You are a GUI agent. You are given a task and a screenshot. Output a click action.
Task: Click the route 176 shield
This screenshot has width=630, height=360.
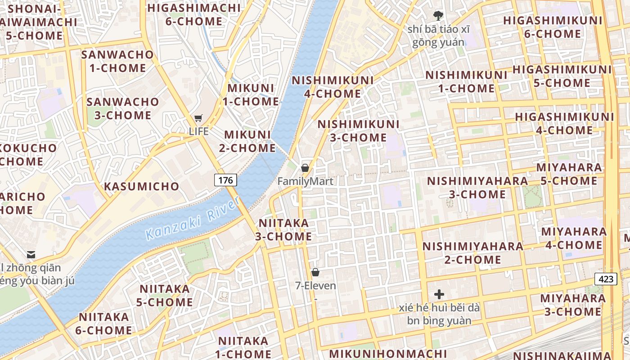tap(225, 180)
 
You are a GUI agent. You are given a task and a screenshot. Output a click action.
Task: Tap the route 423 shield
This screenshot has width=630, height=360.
tap(606, 279)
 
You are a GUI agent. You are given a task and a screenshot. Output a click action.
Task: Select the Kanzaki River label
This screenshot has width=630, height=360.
tap(193, 219)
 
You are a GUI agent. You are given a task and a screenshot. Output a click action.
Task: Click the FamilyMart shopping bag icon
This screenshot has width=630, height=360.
tap(305, 168)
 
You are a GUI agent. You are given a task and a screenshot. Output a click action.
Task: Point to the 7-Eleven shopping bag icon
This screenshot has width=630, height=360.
tap(315, 272)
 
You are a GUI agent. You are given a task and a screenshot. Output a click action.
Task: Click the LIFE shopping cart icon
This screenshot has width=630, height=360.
tap(198, 118)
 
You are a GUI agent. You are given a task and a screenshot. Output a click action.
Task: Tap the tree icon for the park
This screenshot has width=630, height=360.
tap(438, 16)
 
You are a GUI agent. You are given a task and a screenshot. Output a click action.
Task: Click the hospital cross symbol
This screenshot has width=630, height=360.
tap(439, 295)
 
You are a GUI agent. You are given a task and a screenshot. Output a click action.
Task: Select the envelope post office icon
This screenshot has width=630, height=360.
tap(31, 255)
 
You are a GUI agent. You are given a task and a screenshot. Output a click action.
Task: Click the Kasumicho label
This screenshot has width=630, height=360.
tap(142, 186)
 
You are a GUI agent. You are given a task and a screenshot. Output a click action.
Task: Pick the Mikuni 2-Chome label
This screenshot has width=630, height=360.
tap(247, 141)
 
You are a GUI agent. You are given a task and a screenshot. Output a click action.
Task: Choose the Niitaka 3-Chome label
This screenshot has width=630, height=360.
tap(283, 229)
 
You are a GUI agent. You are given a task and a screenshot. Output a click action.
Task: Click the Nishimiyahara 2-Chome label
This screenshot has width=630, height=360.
tap(473, 253)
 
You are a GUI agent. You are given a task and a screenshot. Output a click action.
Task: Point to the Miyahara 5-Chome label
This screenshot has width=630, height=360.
tap(569, 174)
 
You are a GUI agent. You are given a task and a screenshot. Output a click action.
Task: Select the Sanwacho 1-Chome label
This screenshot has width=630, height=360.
tap(117, 61)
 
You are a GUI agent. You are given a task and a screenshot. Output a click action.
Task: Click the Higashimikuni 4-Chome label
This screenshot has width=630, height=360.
tap(564, 123)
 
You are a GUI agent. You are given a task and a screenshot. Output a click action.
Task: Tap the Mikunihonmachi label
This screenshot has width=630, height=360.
tap(388, 353)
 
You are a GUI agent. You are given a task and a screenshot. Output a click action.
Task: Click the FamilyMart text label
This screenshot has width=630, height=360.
tap(305, 181)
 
